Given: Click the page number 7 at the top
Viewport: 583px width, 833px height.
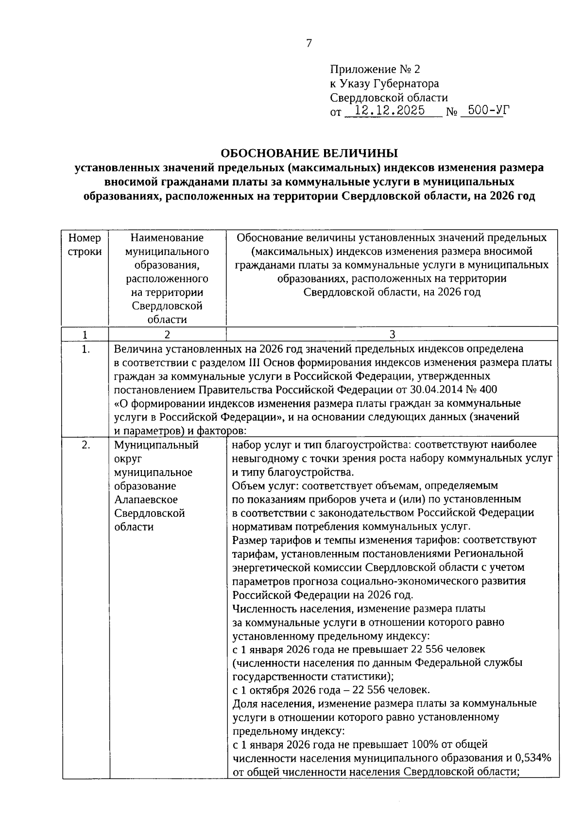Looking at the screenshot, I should point(309,43).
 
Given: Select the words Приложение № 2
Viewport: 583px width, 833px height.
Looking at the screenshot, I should point(375,69).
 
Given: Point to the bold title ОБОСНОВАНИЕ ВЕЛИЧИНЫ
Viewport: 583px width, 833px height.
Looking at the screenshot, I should point(309,153).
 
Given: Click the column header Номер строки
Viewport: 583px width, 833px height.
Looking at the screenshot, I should point(85,245).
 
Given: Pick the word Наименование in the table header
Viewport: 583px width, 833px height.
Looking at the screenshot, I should point(167,238).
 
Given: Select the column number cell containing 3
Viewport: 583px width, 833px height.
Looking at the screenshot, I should point(393,334).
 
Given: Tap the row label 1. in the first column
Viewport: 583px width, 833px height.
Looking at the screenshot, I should point(86,349).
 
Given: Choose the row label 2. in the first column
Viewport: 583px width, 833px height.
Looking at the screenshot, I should point(86,445).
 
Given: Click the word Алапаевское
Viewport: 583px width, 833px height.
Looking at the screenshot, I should point(146,499).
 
